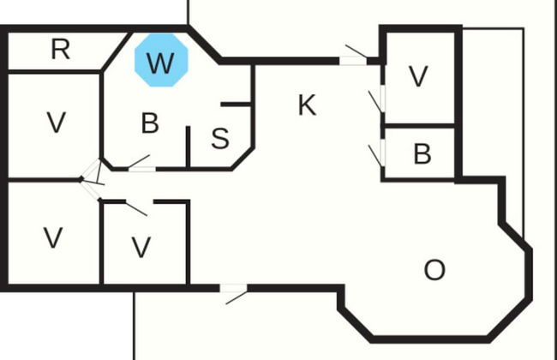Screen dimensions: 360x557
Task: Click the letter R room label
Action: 60,50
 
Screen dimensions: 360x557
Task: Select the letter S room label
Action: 220,139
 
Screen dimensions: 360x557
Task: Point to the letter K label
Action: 307,105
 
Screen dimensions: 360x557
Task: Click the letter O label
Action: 434,270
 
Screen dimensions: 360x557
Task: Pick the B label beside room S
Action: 150,123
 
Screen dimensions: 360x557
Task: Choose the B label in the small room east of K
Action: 422,154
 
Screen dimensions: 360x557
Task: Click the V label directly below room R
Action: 57,123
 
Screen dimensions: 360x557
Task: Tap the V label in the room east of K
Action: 417,76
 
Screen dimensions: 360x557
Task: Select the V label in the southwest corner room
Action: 53,237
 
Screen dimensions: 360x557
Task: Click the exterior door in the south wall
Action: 234,289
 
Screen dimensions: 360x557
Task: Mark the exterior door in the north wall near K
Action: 352,60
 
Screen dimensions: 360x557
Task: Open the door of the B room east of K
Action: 382,153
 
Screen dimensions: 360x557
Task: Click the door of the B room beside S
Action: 141,168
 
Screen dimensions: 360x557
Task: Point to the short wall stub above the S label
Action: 236,105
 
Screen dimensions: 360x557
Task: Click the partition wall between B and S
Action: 188,147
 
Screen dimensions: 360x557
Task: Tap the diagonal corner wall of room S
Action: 243,159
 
